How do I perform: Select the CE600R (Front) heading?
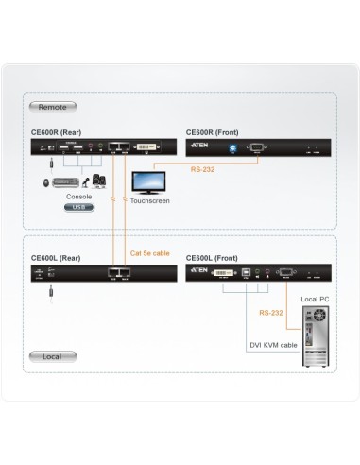pos(214,132)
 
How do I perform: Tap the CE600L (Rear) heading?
pos(57,256)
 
